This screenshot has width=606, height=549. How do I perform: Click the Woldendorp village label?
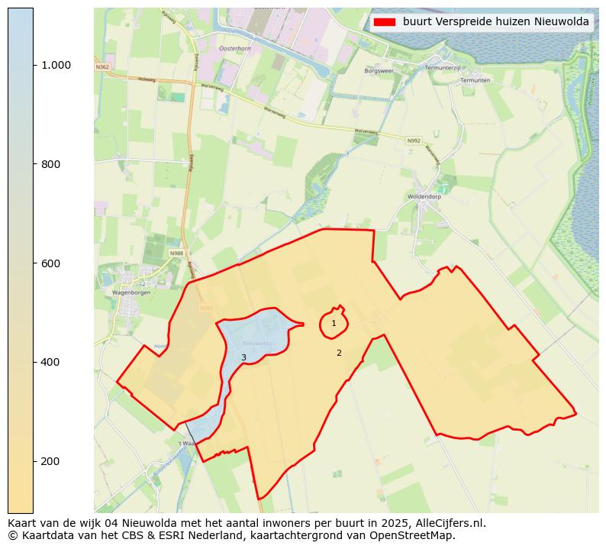click(x=424, y=196)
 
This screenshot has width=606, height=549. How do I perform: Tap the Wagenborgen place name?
click(x=131, y=292)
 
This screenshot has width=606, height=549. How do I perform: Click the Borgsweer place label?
click(x=379, y=70)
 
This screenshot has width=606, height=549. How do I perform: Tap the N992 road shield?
click(x=413, y=140)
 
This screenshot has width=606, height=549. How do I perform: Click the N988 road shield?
click(x=176, y=253)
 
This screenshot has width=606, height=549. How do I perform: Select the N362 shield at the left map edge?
click(x=102, y=67)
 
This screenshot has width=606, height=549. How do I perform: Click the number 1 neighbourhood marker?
click(x=334, y=324)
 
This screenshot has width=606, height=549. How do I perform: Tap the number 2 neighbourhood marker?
click(x=339, y=353)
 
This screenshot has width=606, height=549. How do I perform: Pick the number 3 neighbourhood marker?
click(x=243, y=357)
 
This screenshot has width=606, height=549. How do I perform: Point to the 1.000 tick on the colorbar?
click(x=56, y=65)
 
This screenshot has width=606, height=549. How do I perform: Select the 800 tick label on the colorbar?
click(x=50, y=164)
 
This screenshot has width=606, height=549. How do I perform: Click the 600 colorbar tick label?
click(x=50, y=263)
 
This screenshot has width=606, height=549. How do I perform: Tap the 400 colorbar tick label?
click(x=50, y=362)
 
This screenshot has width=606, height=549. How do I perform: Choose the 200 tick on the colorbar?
click(x=50, y=461)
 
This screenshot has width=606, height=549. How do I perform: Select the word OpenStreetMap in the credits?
click(x=417, y=535)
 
